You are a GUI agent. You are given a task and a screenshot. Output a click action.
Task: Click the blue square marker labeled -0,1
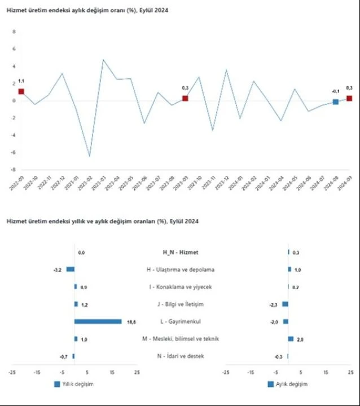(336, 101)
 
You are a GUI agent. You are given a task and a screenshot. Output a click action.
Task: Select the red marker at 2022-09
(21, 91)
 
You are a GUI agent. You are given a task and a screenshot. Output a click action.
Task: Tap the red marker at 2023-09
(185, 99)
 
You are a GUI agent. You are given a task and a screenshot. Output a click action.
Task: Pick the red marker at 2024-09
(349, 98)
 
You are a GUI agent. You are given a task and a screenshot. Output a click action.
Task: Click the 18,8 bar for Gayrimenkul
(98, 321)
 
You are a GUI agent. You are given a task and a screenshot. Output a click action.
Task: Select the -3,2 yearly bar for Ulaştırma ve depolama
(70, 270)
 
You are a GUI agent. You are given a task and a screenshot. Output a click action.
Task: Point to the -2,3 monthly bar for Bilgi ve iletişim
(285, 304)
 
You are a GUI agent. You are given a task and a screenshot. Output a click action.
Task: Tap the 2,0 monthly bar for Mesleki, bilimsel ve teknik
(291, 339)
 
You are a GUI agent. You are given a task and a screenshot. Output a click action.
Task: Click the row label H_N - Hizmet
(180, 253)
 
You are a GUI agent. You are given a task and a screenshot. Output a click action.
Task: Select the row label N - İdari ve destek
(180, 356)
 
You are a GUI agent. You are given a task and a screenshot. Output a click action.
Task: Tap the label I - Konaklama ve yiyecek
(180, 287)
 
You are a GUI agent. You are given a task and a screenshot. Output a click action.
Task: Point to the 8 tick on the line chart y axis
(14, 32)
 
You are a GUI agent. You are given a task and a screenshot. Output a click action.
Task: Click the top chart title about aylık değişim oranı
(87, 11)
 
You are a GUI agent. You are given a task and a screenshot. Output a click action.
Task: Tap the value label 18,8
(131, 322)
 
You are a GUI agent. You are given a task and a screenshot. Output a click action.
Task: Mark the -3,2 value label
(58, 270)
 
